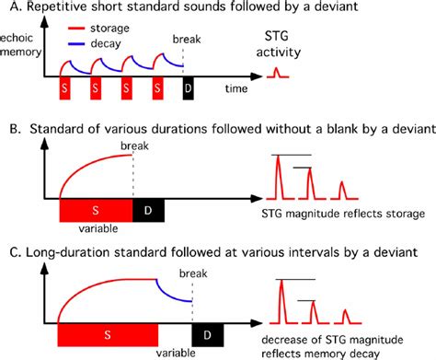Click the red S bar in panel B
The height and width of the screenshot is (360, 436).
(x=96, y=212)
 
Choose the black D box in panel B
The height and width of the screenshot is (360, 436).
(x=148, y=212)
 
